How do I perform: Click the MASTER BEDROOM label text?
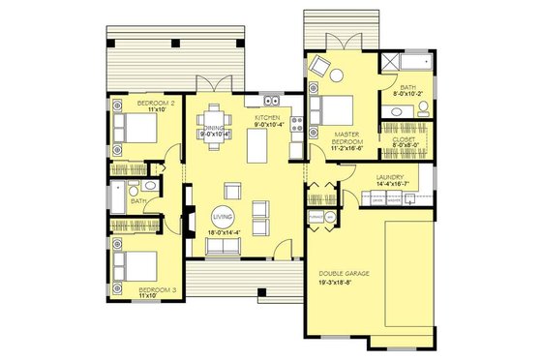tap(347, 139)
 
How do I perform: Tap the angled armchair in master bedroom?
tap(320, 69)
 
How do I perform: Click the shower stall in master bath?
tap(392, 64)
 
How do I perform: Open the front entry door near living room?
tap(281, 254)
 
